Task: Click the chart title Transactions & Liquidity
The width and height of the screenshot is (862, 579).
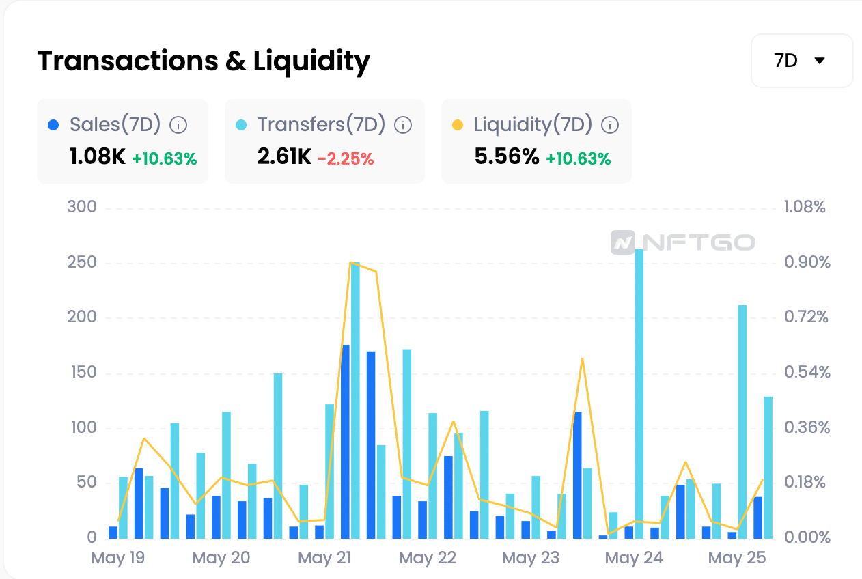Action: click(x=204, y=61)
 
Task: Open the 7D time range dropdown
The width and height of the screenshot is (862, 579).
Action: click(x=802, y=61)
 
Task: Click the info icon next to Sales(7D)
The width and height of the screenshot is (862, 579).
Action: click(x=178, y=125)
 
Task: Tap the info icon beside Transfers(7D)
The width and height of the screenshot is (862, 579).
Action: click(x=403, y=125)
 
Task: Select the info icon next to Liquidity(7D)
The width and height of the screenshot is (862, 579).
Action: click(x=610, y=125)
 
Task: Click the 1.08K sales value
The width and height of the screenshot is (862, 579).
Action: click(x=98, y=156)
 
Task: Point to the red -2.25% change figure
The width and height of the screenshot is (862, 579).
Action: click(x=346, y=158)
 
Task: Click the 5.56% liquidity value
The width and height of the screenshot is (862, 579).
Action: click(x=506, y=156)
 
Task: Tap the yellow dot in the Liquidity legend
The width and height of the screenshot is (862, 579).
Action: click(x=458, y=125)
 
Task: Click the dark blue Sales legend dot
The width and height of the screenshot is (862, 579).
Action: click(x=53, y=125)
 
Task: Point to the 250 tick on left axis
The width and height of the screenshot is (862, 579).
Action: click(x=81, y=262)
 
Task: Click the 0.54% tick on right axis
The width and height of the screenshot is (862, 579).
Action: click(x=807, y=372)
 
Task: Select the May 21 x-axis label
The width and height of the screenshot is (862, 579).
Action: click(x=324, y=558)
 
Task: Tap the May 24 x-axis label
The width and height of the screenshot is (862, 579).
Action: click(x=634, y=558)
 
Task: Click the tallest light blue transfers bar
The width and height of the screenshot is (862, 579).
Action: click(x=639, y=393)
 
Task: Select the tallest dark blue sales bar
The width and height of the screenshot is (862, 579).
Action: click(x=345, y=442)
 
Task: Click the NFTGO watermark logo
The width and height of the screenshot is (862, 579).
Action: click(x=683, y=242)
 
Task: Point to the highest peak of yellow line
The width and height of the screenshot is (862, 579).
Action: click(x=350, y=262)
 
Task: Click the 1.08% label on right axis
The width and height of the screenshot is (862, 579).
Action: click(x=805, y=207)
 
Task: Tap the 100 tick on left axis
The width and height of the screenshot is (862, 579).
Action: click(x=83, y=427)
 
